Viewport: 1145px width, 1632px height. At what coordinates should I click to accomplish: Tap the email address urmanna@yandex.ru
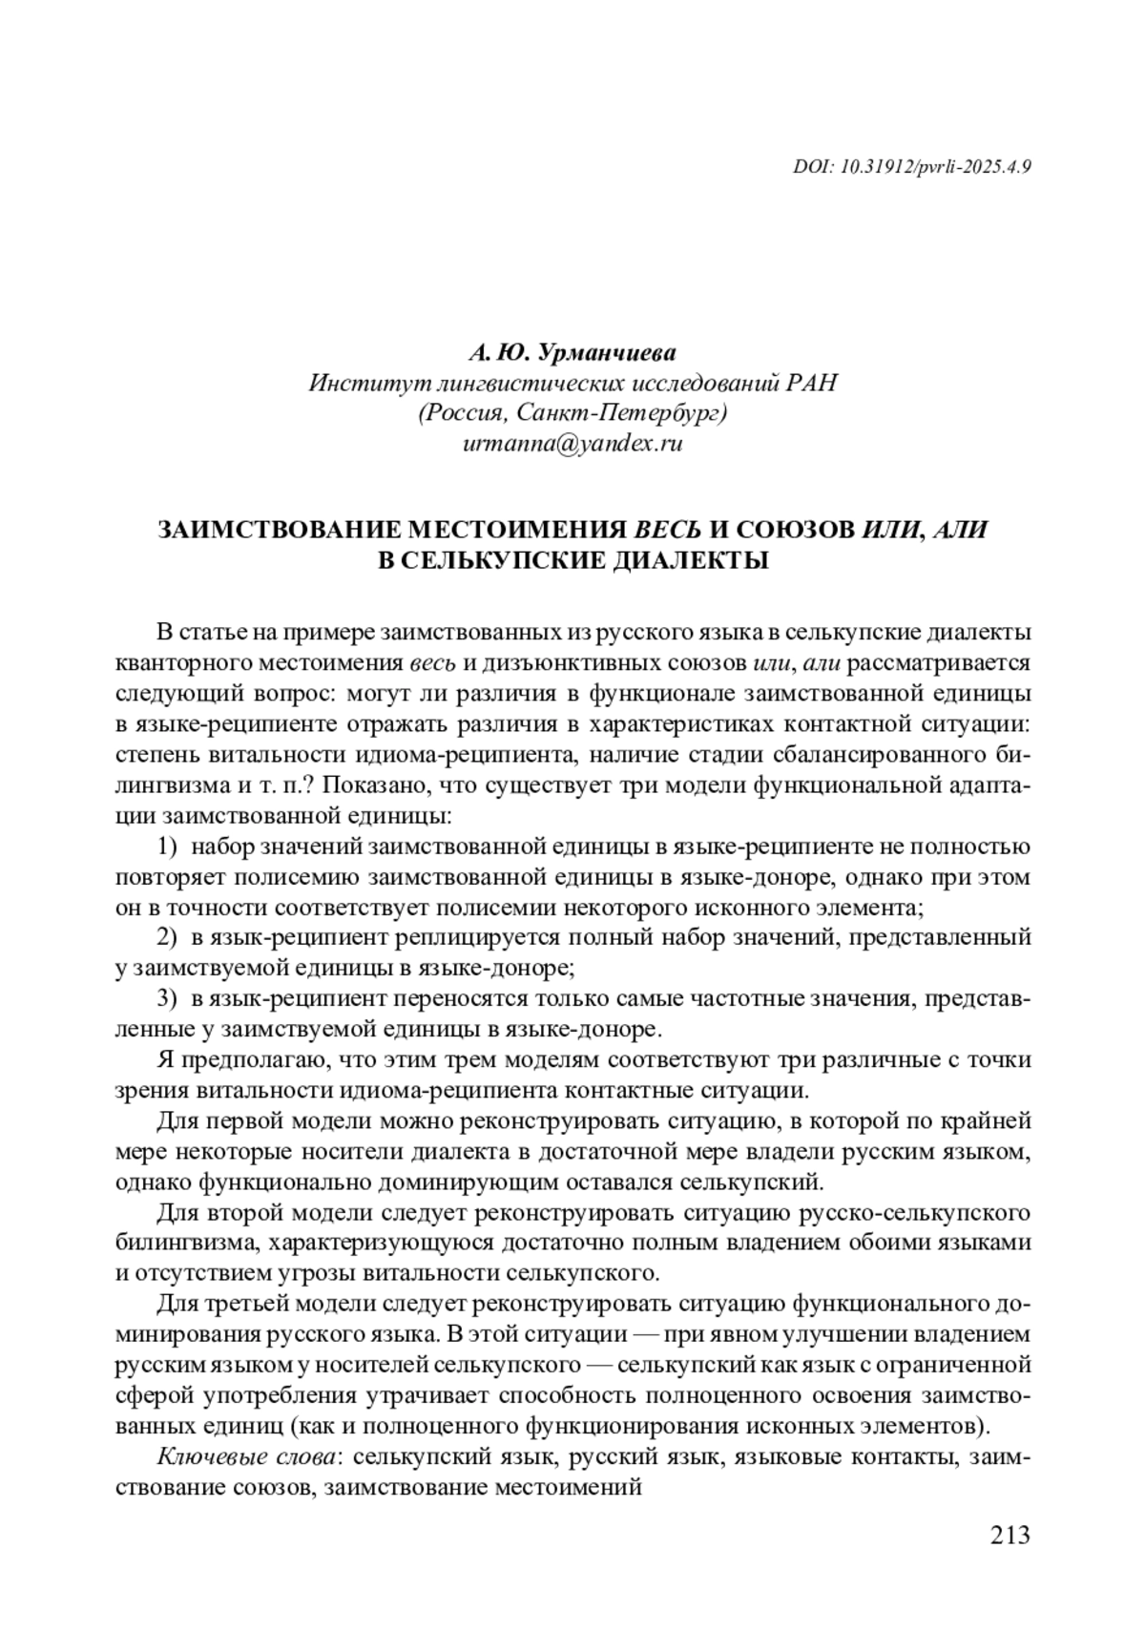572,444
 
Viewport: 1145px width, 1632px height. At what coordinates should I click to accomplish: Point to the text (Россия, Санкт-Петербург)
572,413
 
